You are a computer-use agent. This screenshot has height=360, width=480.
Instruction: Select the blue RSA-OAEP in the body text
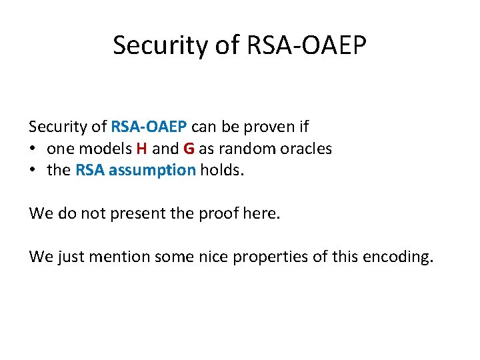(149, 126)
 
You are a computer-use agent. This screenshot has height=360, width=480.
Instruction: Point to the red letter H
(141, 148)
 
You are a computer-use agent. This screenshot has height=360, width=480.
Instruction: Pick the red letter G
(189, 148)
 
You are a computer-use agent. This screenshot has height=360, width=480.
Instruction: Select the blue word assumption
(152, 170)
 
